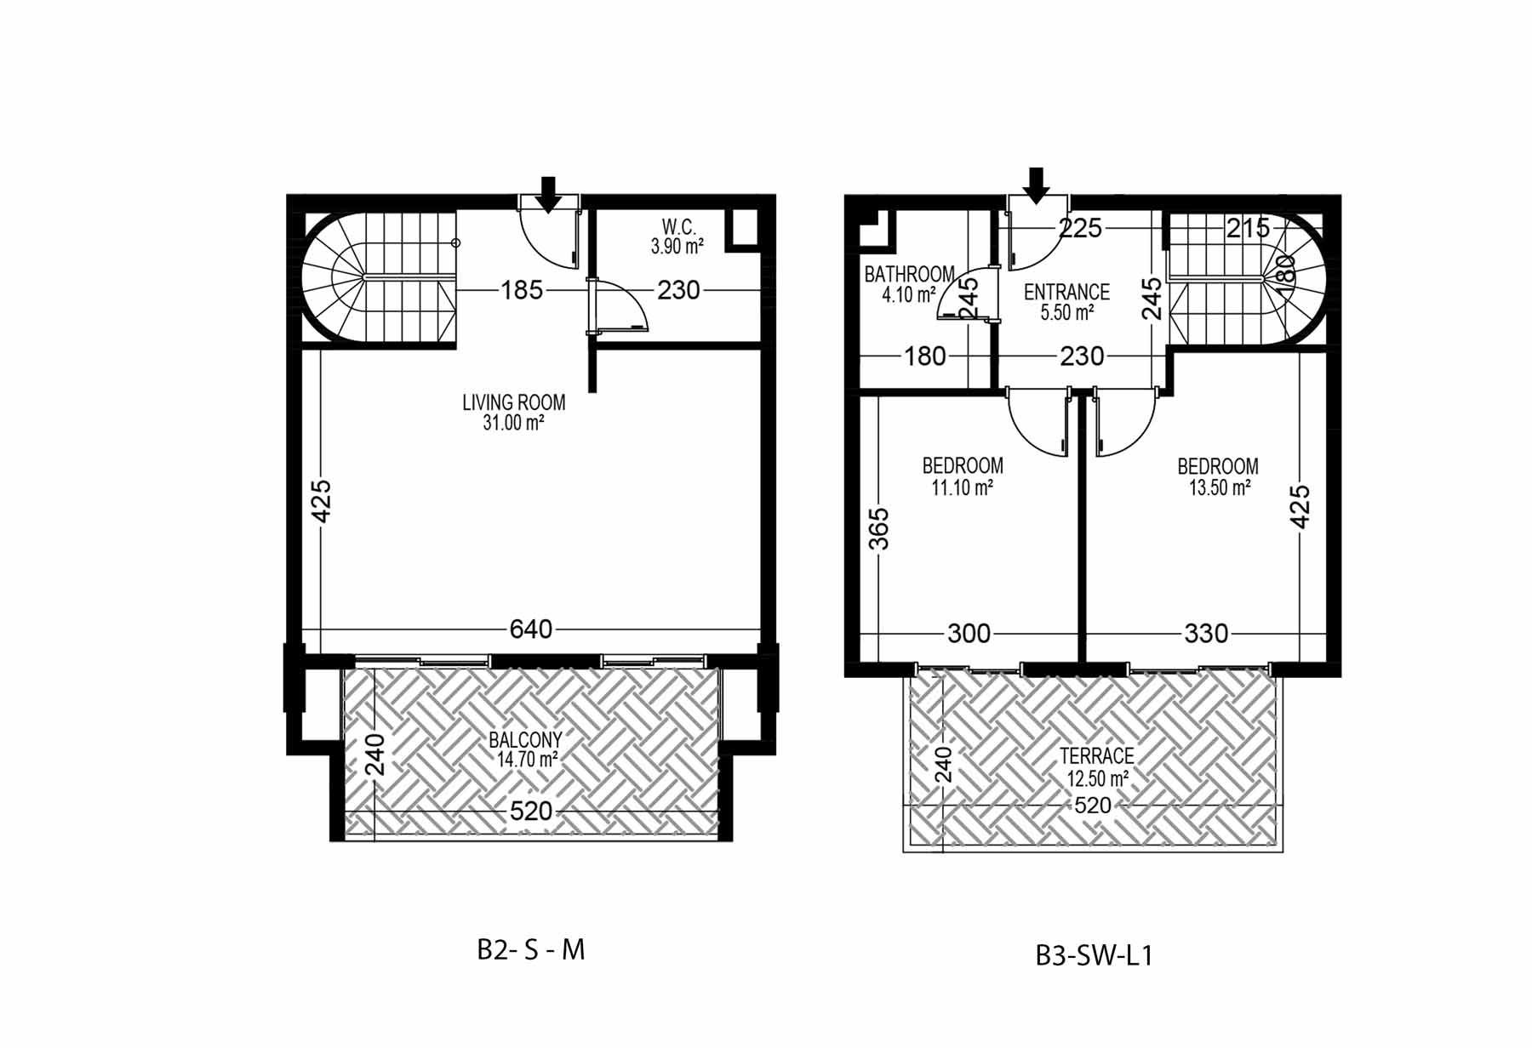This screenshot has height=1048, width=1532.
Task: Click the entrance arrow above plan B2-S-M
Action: (x=549, y=194)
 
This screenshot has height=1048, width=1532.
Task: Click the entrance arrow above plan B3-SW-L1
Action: (x=1036, y=185)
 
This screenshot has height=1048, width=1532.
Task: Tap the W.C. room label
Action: (x=678, y=227)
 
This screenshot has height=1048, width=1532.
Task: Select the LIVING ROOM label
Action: (x=514, y=402)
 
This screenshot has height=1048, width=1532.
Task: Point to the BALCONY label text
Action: (x=525, y=740)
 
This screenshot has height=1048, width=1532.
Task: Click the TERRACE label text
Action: (x=1096, y=755)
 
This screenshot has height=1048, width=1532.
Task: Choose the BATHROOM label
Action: (x=909, y=274)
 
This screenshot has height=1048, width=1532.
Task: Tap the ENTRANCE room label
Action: (x=1066, y=292)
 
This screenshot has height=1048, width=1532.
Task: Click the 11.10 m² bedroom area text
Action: (x=962, y=487)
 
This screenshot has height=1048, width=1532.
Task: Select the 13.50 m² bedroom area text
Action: (x=1220, y=487)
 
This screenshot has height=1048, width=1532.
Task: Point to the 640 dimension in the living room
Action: (x=531, y=629)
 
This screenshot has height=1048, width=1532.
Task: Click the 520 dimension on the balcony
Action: (x=531, y=811)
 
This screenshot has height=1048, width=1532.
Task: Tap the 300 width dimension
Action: (x=969, y=634)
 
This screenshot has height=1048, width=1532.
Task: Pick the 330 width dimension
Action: (x=1206, y=634)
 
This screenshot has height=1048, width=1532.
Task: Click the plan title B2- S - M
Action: (x=531, y=949)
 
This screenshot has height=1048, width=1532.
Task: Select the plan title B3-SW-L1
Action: (x=1095, y=955)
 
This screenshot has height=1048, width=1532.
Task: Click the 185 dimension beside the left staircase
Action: (x=522, y=290)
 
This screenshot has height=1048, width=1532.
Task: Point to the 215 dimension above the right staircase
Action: (x=1248, y=228)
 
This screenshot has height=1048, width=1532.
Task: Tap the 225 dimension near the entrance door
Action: (x=1080, y=228)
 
